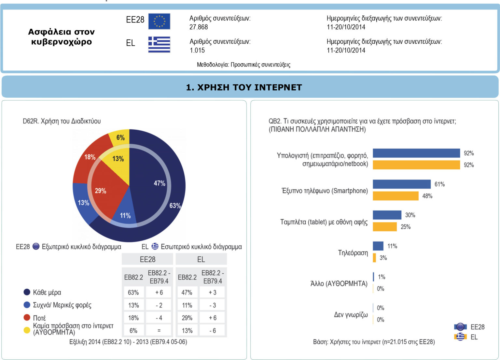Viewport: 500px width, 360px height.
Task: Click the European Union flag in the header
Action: point(159,22)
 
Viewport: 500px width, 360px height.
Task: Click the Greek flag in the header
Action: point(159,45)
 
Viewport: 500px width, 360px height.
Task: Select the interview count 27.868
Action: point(199,27)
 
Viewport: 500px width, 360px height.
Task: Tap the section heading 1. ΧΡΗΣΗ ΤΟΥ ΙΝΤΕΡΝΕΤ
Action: point(244,87)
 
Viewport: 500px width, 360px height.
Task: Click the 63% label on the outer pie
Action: point(175,206)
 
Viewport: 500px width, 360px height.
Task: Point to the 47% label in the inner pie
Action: point(160,183)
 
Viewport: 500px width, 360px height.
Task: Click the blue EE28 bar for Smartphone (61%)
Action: point(402,184)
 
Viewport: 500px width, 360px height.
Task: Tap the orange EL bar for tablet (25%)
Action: point(385,227)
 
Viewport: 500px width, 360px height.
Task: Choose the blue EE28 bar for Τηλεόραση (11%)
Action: point(378,246)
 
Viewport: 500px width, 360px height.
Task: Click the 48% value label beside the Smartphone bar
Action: point(427,196)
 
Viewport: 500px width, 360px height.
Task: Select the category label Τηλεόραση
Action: point(353,253)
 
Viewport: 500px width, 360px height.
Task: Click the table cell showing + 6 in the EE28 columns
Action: point(159,293)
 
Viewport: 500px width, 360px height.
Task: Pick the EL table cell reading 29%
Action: point(187,318)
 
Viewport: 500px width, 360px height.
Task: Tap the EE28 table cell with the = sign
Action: point(159,331)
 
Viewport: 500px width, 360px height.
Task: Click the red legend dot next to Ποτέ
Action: point(27,317)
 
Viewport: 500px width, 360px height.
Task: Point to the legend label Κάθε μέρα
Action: point(47,292)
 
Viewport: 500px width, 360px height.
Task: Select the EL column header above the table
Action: point(201,259)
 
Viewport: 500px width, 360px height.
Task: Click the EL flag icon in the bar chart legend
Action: point(460,337)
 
